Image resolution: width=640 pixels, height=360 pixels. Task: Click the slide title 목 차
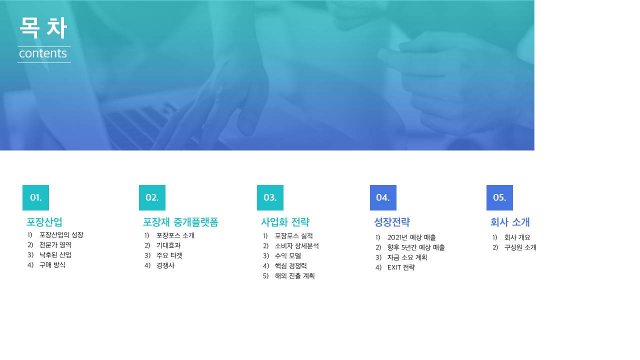[x=43, y=27]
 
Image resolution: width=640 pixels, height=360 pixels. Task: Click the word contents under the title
[x=43, y=53]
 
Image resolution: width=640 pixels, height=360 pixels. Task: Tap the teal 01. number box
[x=35, y=197]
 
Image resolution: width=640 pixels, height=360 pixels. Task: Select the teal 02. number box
[x=152, y=197]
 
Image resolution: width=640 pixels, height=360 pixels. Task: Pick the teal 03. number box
[x=270, y=197]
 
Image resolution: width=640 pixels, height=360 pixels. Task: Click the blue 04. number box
[x=383, y=197]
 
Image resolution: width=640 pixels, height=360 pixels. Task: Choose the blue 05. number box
[x=499, y=197]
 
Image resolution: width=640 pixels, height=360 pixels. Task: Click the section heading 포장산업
[x=44, y=222]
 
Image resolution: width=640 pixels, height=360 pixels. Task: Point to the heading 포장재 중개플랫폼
[x=180, y=222]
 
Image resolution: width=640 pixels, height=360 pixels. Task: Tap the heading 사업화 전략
[x=285, y=222]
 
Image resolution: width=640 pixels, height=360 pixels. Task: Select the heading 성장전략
[x=392, y=222]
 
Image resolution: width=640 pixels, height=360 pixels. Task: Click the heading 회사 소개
[x=510, y=222]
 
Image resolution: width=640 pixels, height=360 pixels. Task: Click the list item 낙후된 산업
[x=55, y=255]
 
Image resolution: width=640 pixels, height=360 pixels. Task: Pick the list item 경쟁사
[x=165, y=265]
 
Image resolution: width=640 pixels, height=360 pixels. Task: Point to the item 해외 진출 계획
[x=295, y=276]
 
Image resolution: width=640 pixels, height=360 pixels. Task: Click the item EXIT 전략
[x=401, y=267]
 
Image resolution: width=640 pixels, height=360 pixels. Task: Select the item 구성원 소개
[x=520, y=247]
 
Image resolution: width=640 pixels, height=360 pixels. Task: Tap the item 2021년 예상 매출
[x=411, y=237]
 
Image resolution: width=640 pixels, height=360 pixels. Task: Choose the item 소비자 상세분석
[x=297, y=246]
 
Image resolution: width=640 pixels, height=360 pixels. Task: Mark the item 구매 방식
[x=52, y=265]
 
